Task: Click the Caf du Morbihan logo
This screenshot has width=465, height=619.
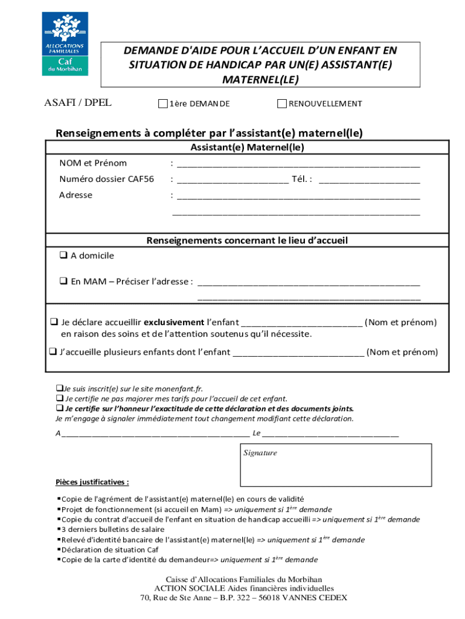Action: pos(65,44)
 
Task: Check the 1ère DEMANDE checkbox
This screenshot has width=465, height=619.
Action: pos(162,104)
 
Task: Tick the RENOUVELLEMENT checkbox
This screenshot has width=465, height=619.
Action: pos(281,104)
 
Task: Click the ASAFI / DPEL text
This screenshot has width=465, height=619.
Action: pos(78,103)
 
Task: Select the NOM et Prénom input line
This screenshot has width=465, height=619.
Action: pos(298,164)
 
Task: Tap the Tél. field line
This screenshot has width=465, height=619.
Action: pos(368,180)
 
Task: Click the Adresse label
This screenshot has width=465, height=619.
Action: pos(75,195)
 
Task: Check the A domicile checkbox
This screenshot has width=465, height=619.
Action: pos(63,256)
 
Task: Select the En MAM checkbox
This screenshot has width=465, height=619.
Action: pos(63,281)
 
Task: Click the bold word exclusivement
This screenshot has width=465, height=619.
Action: pos(173,322)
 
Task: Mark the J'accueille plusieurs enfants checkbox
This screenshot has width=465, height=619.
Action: pos(53,352)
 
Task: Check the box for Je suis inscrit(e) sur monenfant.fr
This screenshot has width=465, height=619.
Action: pos(59,388)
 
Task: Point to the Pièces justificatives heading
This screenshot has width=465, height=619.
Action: pos(92,482)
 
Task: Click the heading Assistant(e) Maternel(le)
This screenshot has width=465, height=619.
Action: pos(247,147)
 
